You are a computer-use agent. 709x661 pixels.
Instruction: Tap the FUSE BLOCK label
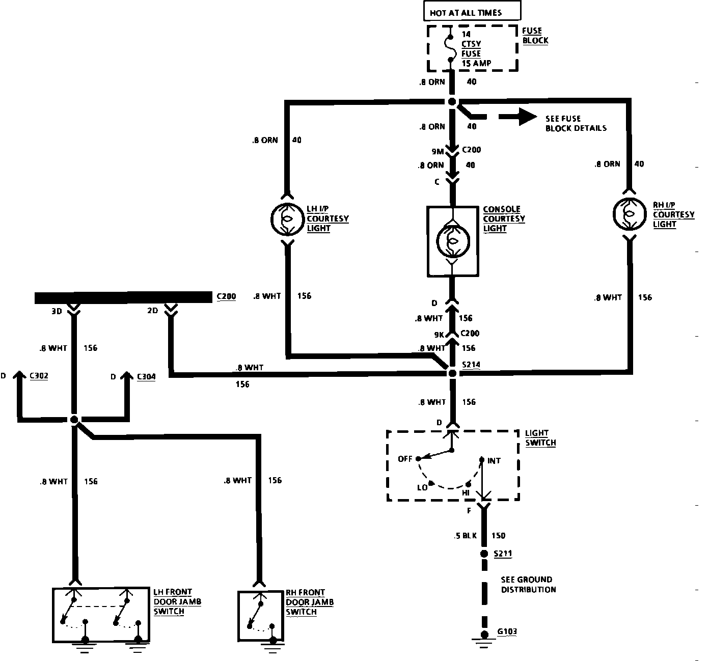pos(535,36)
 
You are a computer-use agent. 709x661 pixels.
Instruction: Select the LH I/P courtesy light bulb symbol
pos(287,219)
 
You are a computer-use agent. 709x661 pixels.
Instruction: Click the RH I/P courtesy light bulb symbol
pos(630,214)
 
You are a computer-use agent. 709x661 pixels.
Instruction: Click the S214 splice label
pos(471,365)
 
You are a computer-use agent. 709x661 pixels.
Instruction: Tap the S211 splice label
pos(503,553)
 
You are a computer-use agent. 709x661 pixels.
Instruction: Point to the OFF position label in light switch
pos(405,459)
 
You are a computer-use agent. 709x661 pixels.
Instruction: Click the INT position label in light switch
pos(494,461)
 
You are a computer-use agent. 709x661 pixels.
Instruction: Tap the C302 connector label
pos(39,376)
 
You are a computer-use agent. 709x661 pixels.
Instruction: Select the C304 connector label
pos(146,376)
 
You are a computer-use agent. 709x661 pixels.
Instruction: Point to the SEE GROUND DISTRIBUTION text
pos(528,585)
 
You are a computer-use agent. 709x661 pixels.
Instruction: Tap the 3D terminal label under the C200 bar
pos(57,311)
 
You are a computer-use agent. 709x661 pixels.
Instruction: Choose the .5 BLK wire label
pos(464,536)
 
